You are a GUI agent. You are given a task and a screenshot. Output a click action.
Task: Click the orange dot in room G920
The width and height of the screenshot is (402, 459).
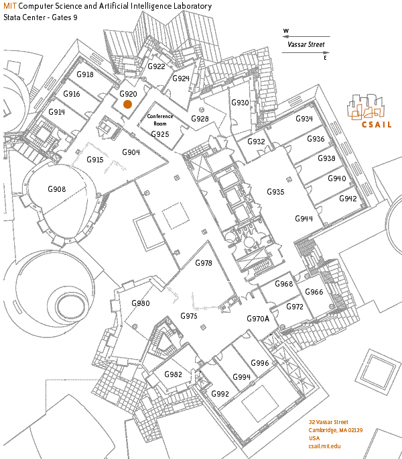tap(127, 104)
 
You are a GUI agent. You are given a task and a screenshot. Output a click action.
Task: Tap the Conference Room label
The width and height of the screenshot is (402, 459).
tap(160, 120)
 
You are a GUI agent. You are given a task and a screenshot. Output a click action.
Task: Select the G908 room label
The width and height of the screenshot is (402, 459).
tap(57, 190)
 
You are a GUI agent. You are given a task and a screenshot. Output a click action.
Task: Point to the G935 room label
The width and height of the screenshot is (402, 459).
tap(275, 192)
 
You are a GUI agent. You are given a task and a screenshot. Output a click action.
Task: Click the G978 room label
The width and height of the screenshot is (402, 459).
tap(204, 263)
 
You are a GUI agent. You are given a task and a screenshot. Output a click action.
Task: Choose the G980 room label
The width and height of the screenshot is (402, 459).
tap(141, 303)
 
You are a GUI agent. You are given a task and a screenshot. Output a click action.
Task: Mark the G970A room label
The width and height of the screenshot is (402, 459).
tap(258, 319)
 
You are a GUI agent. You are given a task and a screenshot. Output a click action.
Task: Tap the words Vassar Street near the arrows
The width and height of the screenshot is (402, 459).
tap(306, 45)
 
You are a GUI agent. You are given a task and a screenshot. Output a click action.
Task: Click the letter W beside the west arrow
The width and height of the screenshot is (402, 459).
tap(286, 32)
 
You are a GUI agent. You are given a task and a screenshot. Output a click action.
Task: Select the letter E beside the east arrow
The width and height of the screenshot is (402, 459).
tap(326, 58)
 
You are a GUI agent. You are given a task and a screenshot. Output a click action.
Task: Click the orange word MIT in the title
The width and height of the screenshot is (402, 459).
tap(10, 6)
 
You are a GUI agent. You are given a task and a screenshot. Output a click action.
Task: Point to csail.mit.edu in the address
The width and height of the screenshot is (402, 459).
tap(324, 446)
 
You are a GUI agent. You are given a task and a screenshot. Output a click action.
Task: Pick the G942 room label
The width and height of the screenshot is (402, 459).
tap(348, 199)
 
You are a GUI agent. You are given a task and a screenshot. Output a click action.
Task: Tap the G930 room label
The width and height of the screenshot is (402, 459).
tap(240, 103)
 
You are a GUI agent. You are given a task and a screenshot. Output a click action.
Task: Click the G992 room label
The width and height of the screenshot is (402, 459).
tap(220, 393)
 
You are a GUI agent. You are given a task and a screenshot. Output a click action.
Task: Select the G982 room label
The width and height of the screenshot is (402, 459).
tap(173, 374)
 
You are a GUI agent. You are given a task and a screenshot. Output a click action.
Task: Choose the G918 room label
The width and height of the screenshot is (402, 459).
tap(85, 74)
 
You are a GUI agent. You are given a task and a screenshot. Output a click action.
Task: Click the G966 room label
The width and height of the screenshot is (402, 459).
tap(314, 292)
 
